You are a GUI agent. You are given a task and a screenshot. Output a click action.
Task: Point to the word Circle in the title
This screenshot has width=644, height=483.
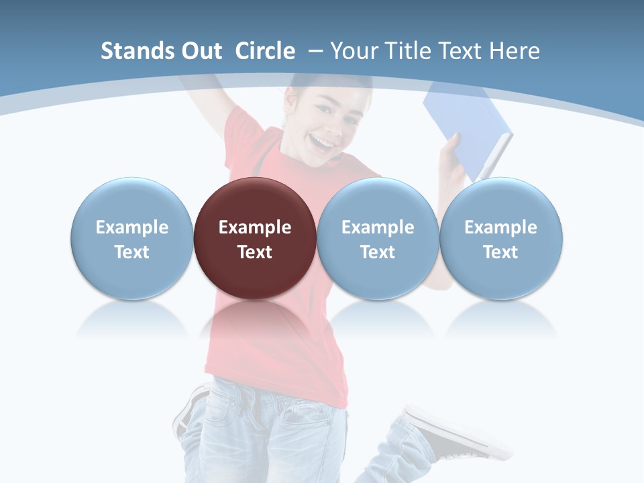point(265,51)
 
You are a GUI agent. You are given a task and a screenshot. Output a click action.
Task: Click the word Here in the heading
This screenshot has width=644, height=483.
point(515,51)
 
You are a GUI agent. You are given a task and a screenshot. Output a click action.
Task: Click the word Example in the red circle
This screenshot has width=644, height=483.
point(255,227)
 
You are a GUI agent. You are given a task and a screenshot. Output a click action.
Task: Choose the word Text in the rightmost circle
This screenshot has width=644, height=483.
point(501,252)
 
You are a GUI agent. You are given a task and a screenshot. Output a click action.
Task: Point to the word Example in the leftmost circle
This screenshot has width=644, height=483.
point(131,227)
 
